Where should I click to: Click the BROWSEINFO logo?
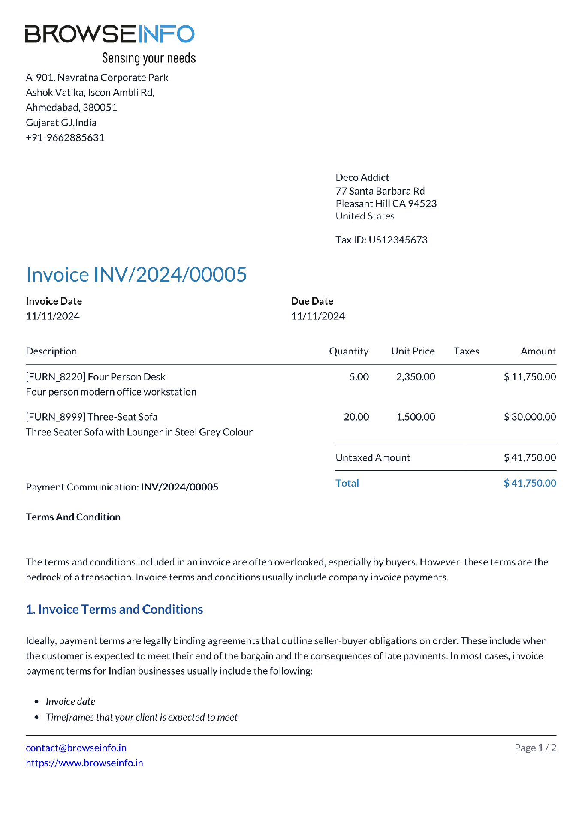click(110, 34)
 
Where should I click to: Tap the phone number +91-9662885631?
click(65, 138)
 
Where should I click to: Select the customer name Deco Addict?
click(362, 177)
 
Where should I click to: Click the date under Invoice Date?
click(53, 316)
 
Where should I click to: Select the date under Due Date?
click(318, 316)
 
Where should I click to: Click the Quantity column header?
click(349, 351)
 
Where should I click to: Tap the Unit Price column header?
click(413, 351)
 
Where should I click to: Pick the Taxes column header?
click(466, 351)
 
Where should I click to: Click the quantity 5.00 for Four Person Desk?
click(359, 377)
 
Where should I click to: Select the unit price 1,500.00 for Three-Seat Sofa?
click(416, 417)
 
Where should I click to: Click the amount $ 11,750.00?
click(530, 377)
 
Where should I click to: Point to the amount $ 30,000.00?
click(530, 417)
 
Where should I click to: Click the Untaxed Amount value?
click(530, 458)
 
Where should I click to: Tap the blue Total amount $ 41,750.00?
click(530, 484)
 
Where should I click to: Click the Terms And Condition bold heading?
click(73, 517)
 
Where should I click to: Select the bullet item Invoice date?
click(71, 702)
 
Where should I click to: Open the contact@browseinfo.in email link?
click(76, 748)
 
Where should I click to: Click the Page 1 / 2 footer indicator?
click(535, 748)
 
